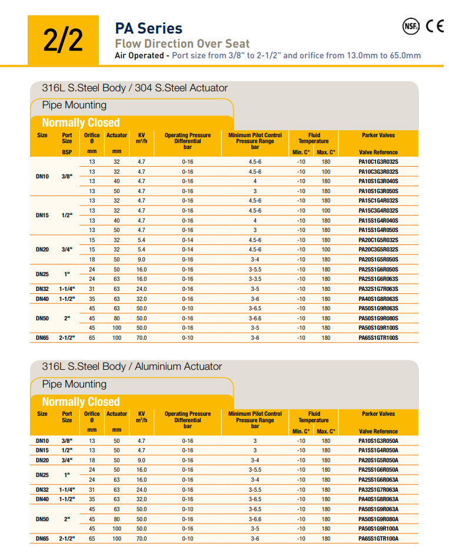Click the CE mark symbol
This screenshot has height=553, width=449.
coord(435,26)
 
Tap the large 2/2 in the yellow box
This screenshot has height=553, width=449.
coord(63,40)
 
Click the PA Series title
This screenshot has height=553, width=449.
coord(148,28)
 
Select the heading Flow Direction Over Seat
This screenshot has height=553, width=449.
coord(182,44)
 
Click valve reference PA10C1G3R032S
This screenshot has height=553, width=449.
coord(378,161)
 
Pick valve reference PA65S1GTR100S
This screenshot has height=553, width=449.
coord(378,338)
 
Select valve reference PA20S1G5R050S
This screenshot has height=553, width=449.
coord(378,260)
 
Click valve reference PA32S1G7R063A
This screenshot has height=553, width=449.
coord(378,489)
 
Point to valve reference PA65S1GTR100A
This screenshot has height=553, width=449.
coord(378,538)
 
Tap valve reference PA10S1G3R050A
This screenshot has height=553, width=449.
coord(378,441)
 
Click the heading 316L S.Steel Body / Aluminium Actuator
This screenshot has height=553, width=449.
coord(132,366)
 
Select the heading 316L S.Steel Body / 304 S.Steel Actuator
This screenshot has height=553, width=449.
coord(135,88)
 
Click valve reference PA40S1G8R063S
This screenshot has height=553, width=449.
coord(378,299)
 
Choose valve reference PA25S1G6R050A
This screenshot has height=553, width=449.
coord(378,470)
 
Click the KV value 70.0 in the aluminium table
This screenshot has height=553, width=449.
coord(141,538)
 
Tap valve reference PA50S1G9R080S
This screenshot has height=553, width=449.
coord(378,318)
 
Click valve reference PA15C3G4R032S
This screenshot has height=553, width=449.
coord(378,210)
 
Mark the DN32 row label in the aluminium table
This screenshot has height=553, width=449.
coord(42,489)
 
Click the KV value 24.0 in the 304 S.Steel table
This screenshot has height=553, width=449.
coord(141,289)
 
